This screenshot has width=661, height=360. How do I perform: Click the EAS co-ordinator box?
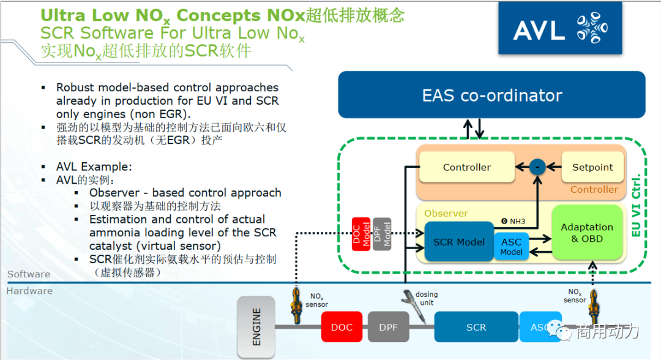point(491,95)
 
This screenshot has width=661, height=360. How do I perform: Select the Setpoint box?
point(592,167)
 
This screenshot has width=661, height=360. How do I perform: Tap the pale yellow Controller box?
point(466,167)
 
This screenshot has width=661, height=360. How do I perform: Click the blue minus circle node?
point(537,167)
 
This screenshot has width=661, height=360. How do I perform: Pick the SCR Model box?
point(459,242)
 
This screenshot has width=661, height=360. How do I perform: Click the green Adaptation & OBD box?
point(586,233)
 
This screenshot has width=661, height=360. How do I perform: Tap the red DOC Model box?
point(360,233)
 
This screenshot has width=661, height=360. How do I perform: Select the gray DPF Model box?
point(382,233)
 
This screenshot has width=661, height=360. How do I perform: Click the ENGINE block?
point(256,327)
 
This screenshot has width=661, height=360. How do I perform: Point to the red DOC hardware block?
point(341,327)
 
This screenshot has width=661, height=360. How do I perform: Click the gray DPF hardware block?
point(388,327)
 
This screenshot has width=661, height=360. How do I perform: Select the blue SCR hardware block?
point(476,327)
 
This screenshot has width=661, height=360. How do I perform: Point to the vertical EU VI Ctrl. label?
point(636,205)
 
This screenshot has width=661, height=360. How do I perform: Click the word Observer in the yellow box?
point(446,213)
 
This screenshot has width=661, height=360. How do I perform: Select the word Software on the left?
point(29,275)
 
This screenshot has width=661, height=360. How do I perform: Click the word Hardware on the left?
point(29,291)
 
